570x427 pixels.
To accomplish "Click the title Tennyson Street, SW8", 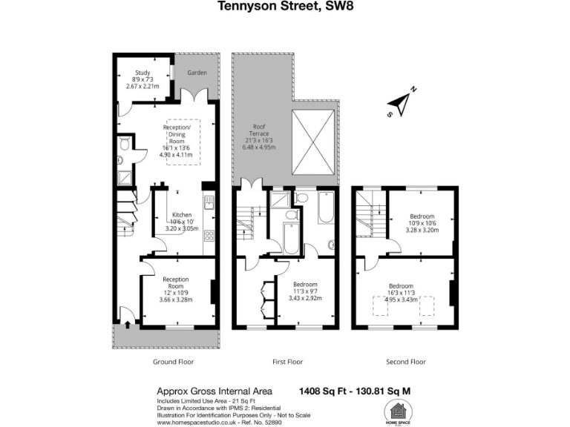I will click(285, 7).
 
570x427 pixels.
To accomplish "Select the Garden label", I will click(197, 73).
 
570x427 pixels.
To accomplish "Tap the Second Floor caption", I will click(406, 362).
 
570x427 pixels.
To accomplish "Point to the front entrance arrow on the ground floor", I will click(126, 322).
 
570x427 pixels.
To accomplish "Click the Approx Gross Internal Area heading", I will click(214, 391).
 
